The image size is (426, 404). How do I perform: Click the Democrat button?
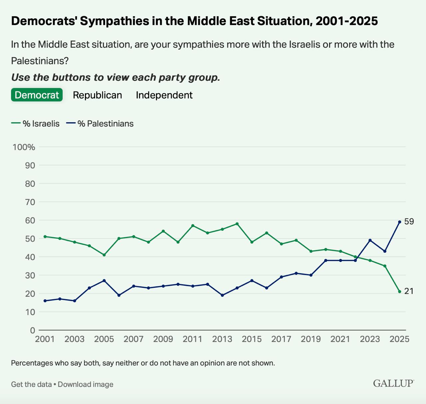click(37, 95)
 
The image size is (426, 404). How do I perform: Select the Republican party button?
click(97, 95)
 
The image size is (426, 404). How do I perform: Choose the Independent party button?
click(164, 95)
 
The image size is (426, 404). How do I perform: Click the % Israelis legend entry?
click(36, 124)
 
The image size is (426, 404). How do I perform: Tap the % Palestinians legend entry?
click(100, 124)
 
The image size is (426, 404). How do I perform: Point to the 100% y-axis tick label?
click(24, 147)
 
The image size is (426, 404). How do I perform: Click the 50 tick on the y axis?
click(28, 239)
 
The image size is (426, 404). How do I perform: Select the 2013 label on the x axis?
click(222, 339)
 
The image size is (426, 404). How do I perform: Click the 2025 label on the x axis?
click(399, 339)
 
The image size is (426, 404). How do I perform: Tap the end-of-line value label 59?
click(409, 222)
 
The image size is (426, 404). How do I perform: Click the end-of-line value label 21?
click(409, 292)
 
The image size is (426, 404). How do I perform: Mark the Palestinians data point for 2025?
click(400, 222)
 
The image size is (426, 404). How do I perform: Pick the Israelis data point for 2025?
click(400, 292)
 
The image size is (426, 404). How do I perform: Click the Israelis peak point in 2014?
click(237, 224)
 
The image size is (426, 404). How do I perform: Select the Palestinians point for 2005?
click(104, 281)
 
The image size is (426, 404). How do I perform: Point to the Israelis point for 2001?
click(45, 237)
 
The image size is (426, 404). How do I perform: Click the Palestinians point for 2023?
click(370, 240)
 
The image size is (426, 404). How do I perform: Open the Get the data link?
click(31, 384)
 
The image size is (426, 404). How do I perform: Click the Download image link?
click(86, 384)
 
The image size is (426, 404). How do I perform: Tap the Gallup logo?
click(393, 383)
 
